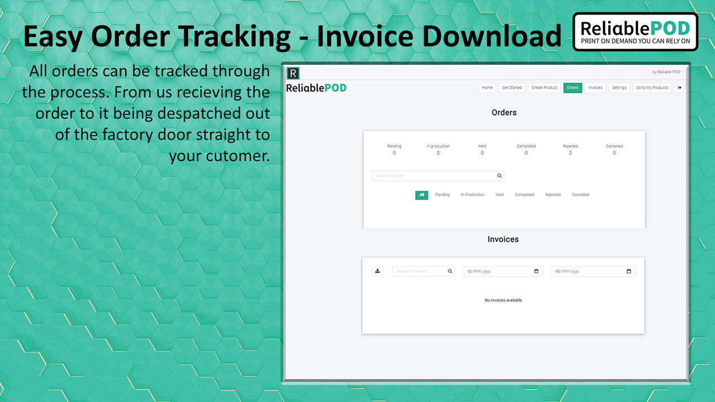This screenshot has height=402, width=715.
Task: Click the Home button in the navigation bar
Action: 487,88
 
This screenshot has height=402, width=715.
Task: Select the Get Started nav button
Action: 512,88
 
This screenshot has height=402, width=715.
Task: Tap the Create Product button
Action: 544,88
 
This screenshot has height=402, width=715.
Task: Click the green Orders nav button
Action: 573,88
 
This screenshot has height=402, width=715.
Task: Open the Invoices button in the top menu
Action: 595,88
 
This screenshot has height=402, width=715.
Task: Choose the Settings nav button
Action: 619,88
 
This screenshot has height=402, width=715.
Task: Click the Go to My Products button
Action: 652,88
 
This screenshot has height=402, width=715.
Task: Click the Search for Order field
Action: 435,176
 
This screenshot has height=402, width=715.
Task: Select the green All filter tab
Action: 422,195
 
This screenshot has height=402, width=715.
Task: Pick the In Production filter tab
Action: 473,195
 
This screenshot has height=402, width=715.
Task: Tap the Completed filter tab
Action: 525,195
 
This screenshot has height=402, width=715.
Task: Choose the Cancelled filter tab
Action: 580,195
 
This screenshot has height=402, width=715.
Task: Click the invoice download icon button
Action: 378,271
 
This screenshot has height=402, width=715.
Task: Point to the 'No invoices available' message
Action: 503,300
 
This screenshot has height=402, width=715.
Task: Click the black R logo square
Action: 293,73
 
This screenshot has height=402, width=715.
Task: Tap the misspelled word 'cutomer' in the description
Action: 238,156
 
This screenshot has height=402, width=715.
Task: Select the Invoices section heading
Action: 503,239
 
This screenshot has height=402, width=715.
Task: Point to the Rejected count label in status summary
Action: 570,146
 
